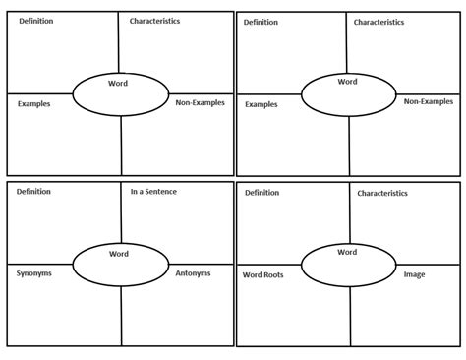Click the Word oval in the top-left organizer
tap(119, 93)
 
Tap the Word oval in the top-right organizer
tap(347, 93)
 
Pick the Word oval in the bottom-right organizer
tap(347, 264)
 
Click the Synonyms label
tap(34, 272)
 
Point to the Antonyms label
tap(194, 272)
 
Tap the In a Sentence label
tap(153, 191)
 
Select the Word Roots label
tap(262, 274)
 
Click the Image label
tap(414, 274)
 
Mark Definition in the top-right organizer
tap(261, 21)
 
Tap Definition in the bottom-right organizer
tap(262, 193)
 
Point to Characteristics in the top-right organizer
tap(379, 21)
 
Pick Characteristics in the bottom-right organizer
tap(382, 194)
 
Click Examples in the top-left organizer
tap(33, 102)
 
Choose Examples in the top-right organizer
tap(261, 103)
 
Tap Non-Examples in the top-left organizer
tap(200, 101)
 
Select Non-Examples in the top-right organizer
tap(428, 101)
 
